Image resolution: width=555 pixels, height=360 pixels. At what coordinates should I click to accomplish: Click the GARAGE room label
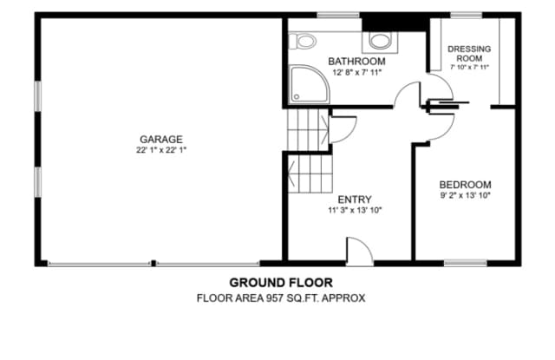click(x=161, y=139)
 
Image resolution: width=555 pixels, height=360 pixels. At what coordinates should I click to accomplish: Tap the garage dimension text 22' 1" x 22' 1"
click(x=161, y=150)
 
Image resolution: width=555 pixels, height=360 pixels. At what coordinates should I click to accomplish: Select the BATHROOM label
click(x=356, y=62)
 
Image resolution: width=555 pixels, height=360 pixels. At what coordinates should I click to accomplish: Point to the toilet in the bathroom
click(x=303, y=41)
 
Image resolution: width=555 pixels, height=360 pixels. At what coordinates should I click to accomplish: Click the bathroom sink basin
click(x=380, y=41)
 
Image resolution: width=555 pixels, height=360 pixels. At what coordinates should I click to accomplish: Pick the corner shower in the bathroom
click(x=309, y=84)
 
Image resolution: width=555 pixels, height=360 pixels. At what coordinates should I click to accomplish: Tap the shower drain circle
click(x=297, y=96)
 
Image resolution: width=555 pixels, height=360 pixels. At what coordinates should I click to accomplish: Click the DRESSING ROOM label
click(x=469, y=54)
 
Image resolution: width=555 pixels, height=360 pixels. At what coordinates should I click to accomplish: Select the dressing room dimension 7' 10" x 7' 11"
click(x=469, y=67)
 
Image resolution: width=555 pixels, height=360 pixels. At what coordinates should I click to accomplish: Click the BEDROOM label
click(x=465, y=185)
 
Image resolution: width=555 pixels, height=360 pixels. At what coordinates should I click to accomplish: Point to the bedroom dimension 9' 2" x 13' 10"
click(x=465, y=195)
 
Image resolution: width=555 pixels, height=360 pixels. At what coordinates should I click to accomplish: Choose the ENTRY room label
click(x=355, y=200)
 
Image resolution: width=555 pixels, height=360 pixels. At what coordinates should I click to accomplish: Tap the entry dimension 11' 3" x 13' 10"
click(x=355, y=210)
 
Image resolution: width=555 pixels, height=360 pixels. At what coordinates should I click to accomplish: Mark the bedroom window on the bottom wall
click(x=465, y=263)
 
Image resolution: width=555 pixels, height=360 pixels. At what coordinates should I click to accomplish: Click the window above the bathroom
click(x=338, y=15)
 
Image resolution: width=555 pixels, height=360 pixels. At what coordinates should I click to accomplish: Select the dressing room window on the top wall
click(x=466, y=15)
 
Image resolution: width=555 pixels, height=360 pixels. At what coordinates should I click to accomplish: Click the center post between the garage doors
click(x=153, y=263)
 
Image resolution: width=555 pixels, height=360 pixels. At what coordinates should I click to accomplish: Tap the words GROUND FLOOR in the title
click(x=281, y=283)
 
